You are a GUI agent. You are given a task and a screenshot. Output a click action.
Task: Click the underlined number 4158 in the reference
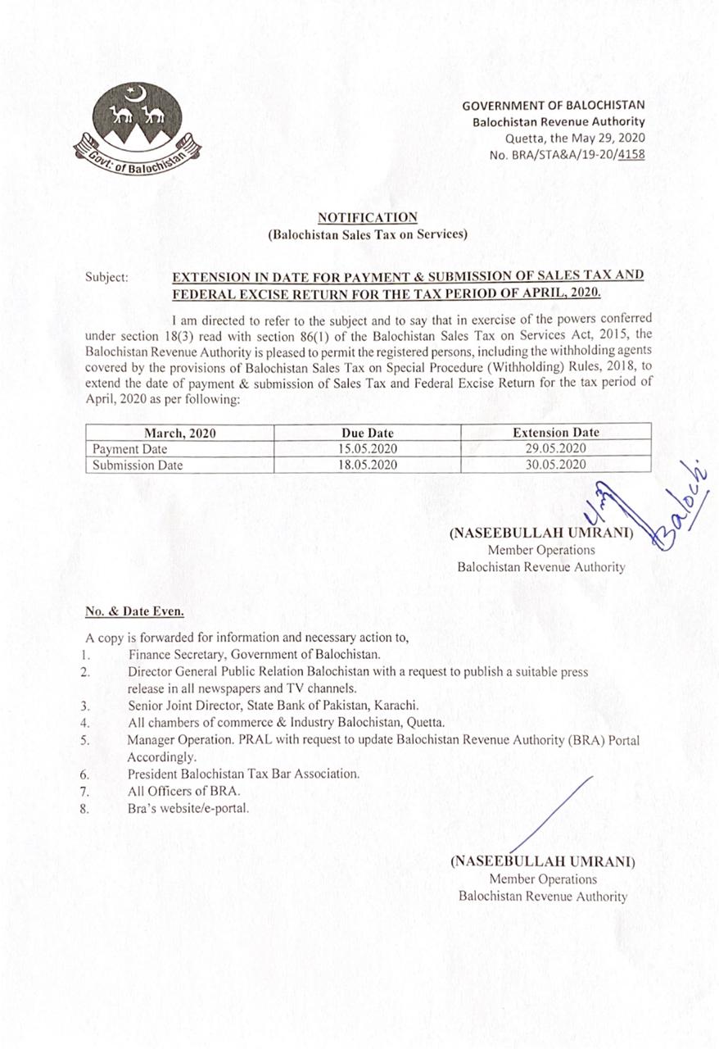pos(631,153)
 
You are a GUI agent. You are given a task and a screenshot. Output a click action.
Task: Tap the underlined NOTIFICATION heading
pos(368,217)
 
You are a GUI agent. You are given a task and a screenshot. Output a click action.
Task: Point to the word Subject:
pos(106,277)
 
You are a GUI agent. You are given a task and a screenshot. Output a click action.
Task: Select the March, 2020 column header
pos(180,433)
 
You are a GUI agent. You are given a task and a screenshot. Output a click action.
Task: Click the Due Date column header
pos(368,433)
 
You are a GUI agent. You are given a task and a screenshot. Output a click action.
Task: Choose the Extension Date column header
pos(555,433)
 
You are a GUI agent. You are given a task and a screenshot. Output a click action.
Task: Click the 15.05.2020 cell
pos(368,449)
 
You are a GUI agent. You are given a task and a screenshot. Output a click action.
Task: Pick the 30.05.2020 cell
pos(555,465)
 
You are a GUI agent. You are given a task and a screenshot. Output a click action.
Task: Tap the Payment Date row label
pos(129,449)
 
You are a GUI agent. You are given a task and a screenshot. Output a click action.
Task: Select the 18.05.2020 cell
pos(368,465)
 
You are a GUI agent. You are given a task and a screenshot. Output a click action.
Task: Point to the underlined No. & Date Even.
pos(134,611)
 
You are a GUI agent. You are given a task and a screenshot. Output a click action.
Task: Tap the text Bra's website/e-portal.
pos(188,808)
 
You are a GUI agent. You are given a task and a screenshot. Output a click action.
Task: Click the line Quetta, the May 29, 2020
pos(575,138)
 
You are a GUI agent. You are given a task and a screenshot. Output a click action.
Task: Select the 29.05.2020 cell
pos(555,449)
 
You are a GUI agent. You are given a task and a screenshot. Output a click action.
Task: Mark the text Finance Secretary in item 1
pos(175,655)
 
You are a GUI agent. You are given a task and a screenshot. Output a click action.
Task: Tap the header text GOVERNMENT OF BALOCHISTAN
pos(553,106)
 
